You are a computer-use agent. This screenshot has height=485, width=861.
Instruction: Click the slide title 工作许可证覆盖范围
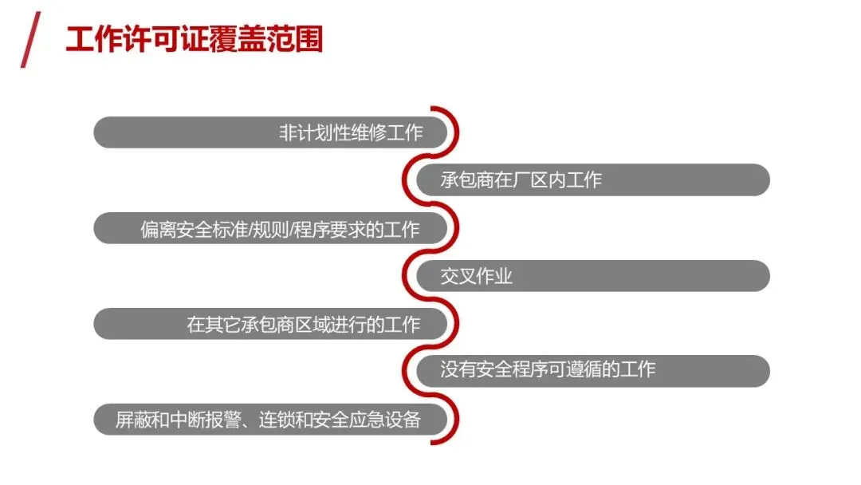click(195, 39)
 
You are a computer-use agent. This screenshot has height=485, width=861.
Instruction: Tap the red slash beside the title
click(30, 40)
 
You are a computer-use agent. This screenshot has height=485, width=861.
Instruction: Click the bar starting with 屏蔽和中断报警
click(268, 420)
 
